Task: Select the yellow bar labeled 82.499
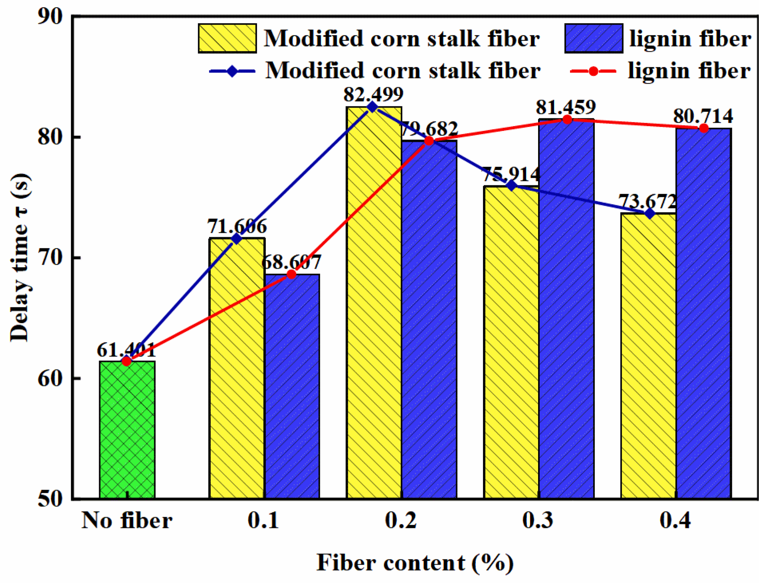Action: (374, 303)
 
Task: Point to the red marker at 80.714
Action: (704, 128)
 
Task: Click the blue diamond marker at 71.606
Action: (237, 239)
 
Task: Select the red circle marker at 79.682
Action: (429, 141)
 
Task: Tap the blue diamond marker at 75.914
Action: (511, 185)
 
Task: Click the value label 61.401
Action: (126, 351)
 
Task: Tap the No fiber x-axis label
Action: (127, 521)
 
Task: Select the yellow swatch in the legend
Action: (227, 39)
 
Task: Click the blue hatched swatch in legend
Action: (594, 39)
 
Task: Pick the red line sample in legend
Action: (593, 71)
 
